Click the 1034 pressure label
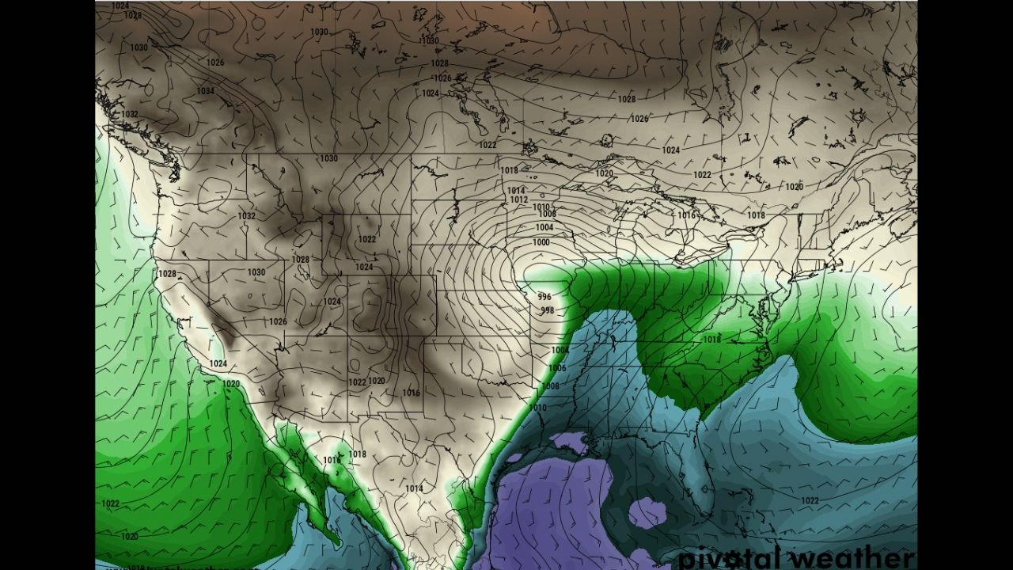pyautogui.click(x=205, y=91)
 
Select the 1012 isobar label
pyautogui.click(x=519, y=199)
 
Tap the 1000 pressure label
pyautogui.click(x=541, y=242)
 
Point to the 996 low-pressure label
pyautogui.click(x=544, y=297)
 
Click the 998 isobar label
pyautogui.click(x=547, y=310)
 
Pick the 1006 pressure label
pyautogui.click(x=557, y=368)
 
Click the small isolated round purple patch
pyautogui.click(x=647, y=513)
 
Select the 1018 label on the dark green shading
pyautogui.click(x=712, y=339)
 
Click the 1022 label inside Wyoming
pyautogui.click(x=367, y=239)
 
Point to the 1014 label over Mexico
pyautogui.click(x=414, y=488)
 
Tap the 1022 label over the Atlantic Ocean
pyautogui.click(x=810, y=500)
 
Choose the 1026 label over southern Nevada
pyautogui.click(x=278, y=321)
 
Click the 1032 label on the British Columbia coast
pyautogui.click(x=130, y=114)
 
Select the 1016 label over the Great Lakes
pyautogui.click(x=686, y=215)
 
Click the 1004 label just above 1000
pyautogui.click(x=544, y=228)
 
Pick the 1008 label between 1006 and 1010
pyautogui.click(x=550, y=386)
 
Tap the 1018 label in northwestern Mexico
pyautogui.click(x=358, y=454)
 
